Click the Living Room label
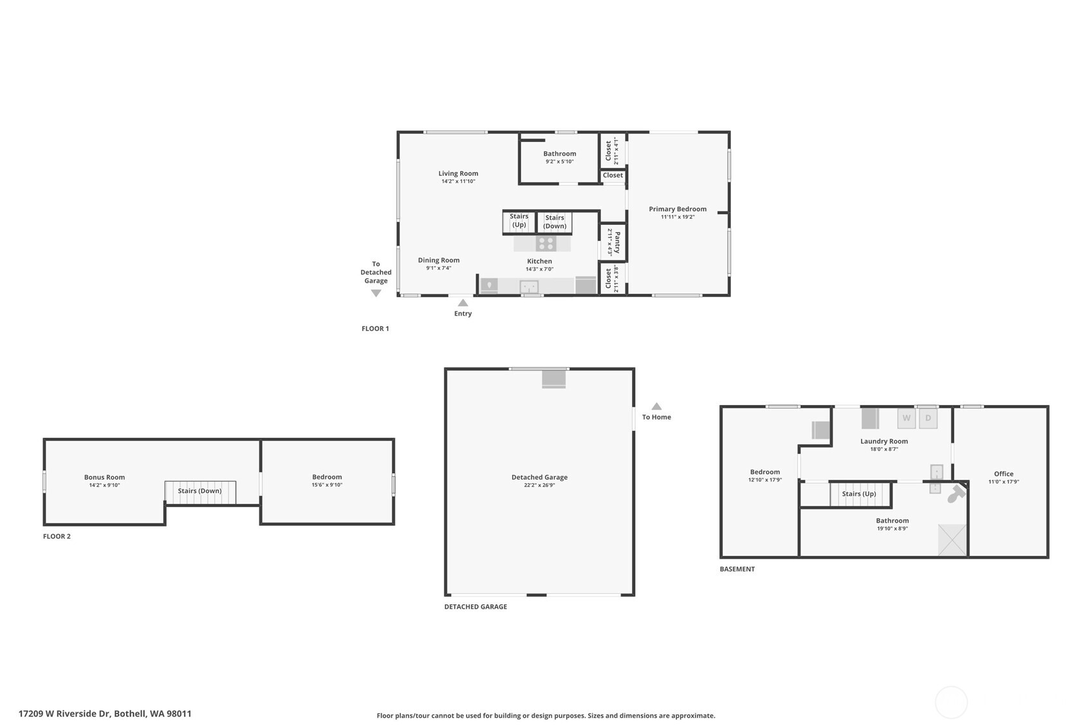[x=458, y=174]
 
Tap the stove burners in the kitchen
[x=546, y=244]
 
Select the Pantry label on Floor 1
[x=616, y=242]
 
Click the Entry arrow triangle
[x=463, y=303]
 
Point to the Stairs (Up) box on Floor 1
[x=519, y=221]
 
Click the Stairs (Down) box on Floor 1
[x=555, y=222]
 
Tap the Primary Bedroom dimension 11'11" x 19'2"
[x=678, y=217]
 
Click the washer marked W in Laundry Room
[x=906, y=418]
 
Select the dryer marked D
[x=928, y=418]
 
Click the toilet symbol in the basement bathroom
[x=956, y=494]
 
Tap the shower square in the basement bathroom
[x=952, y=539]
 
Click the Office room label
[x=1003, y=474]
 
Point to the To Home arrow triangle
[x=656, y=406]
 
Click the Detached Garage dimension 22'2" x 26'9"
[x=539, y=485]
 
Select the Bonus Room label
[x=104, y=477]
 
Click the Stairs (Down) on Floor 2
[x=199, y=492]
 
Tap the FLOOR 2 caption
[x=57, y=536]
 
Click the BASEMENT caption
[x=737, y=569]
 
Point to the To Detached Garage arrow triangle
[x=376, y=293]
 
